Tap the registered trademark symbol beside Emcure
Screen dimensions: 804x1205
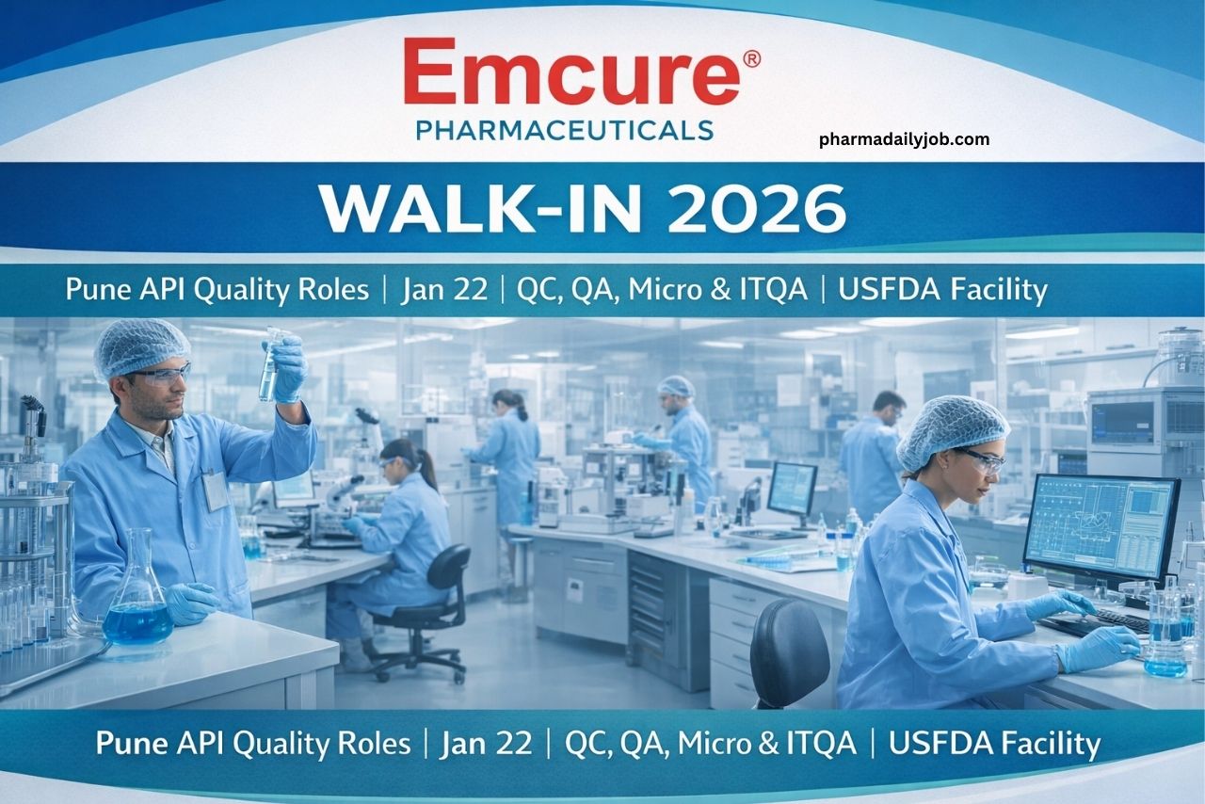point(751,58)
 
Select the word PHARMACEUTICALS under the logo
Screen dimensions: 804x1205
point(564,129)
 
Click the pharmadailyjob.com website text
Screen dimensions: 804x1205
point(904,139)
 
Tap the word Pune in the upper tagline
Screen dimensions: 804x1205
point(96,289)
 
